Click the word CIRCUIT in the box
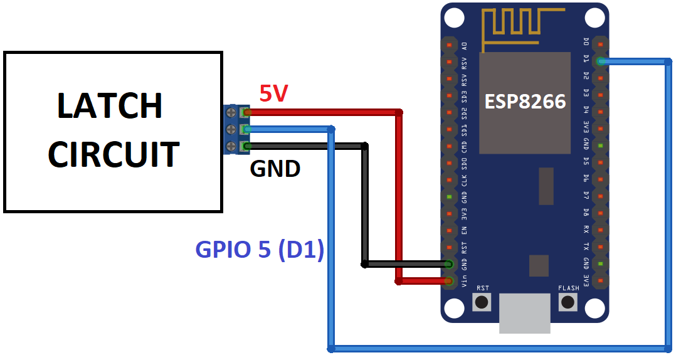click(x=113, y=154)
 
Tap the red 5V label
click(x=273, y=93)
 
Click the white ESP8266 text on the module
click(x=525, y=101)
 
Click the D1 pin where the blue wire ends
click(x=600, y=61)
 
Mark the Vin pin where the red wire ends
click(x=449, y=282)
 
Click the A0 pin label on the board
click(x=464, y=45)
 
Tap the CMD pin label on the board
click(x=464, y=147)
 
